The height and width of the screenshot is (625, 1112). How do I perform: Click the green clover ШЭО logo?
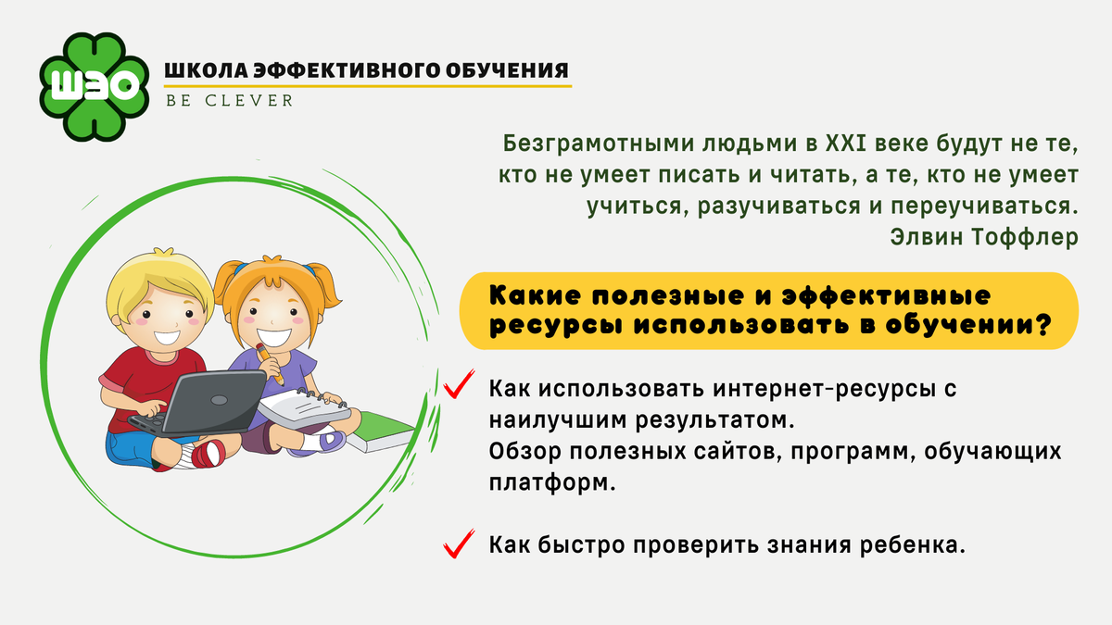pyautogui.click(x=94, y=87)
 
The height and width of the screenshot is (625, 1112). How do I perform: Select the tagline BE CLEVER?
pyautogui.click(x=230, y=101)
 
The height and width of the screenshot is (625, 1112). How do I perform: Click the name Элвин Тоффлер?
pyautogui.click(x=984, y=237)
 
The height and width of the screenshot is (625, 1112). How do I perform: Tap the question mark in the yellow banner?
pyautogui.click(x=1042, y=325)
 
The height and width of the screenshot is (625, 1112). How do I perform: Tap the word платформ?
pyautogui.click(x=552, y=483)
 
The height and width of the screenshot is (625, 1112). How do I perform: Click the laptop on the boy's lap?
pyautogui.click(x=198, y=405)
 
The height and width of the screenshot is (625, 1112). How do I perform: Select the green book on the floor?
pyautogui.click(x=381, y=432)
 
